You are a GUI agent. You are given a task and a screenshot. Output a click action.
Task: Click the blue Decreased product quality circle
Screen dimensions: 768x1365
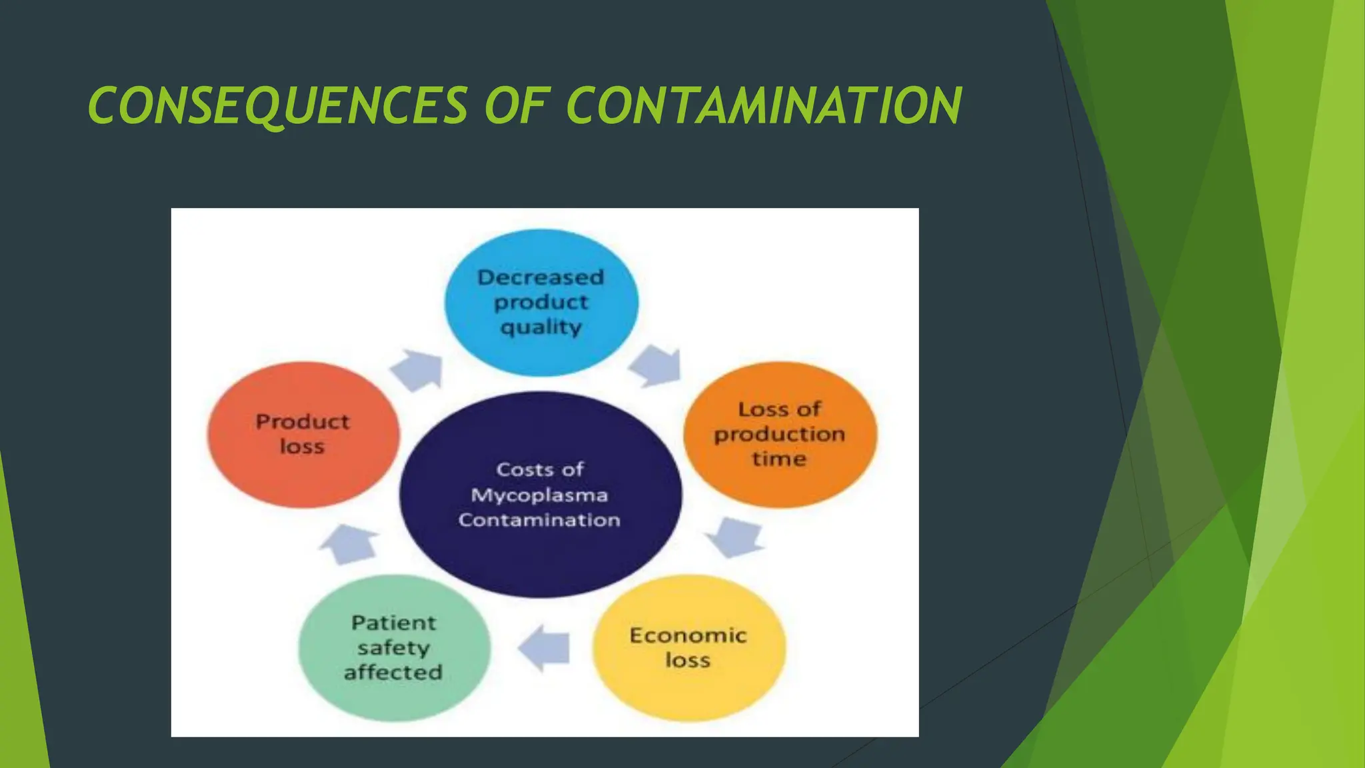click(541, 302)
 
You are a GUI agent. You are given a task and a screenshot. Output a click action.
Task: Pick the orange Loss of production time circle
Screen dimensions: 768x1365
click(780, 434)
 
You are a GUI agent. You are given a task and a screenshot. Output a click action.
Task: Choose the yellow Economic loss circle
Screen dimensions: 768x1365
click(688, 647)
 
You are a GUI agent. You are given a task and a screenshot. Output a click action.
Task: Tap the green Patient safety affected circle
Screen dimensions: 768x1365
click(394, 647)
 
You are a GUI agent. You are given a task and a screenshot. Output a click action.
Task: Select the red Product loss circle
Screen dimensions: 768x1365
click(303, 434)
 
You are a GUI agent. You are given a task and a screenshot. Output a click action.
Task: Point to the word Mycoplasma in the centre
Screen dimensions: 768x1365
click(539, 495)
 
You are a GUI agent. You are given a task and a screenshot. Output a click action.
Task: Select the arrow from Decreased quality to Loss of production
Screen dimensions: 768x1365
click(656, 366)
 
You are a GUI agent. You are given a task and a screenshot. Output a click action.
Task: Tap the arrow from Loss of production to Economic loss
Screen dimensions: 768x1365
click(736, 537)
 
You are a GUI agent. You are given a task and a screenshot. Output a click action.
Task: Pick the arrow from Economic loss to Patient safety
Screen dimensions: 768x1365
click(546, 648)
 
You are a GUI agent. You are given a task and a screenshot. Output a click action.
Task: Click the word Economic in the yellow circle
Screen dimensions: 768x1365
click(688, 635)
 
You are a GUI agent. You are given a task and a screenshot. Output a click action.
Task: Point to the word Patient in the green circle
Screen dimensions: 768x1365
click(394, 623)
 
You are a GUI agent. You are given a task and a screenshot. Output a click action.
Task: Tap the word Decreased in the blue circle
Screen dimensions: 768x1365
click(541, 277)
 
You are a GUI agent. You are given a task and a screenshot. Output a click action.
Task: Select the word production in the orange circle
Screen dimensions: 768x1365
click(780, 434)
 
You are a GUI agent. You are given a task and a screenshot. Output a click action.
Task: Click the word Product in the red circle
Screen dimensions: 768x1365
click(303, 422)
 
